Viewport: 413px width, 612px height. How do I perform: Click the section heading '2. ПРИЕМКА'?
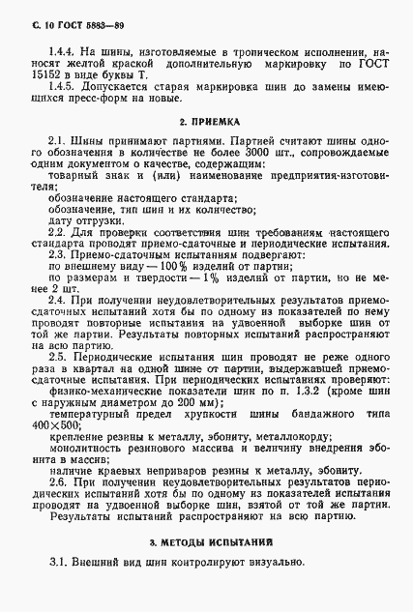coord(206,125)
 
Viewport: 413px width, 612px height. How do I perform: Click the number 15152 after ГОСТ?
coord(40,73)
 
